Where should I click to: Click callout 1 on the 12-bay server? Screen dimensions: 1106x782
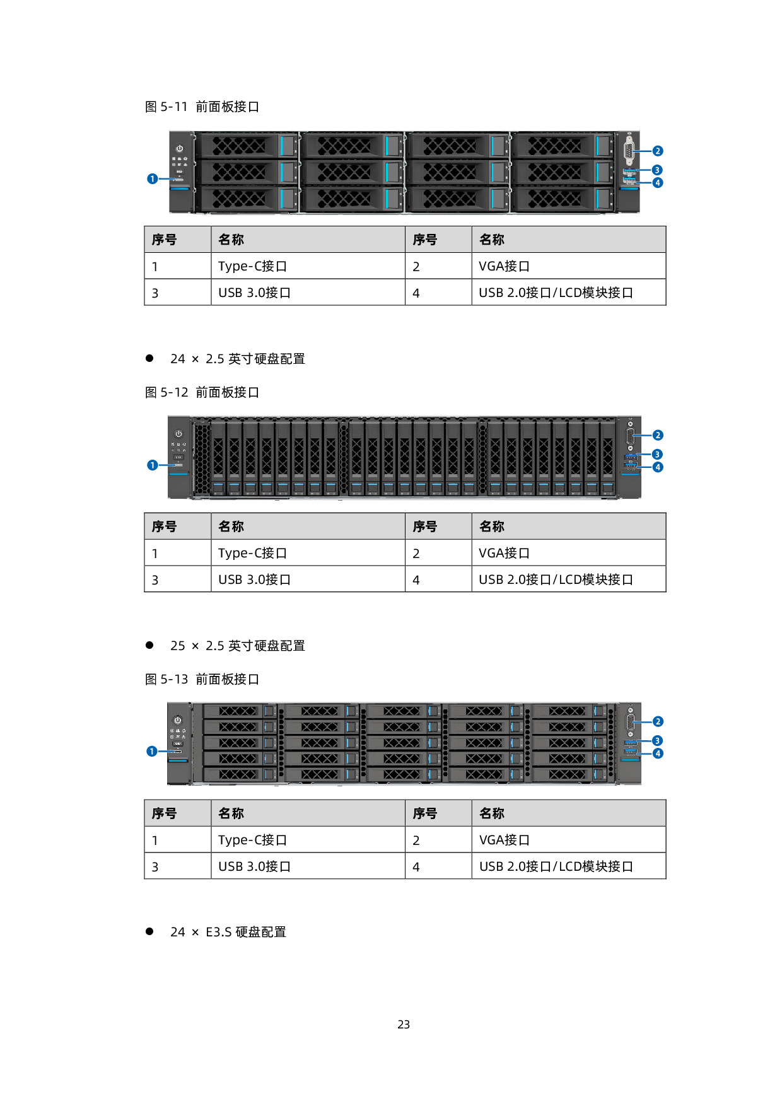(x=153, y=179)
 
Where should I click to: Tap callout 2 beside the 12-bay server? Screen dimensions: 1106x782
(x=658, y=151)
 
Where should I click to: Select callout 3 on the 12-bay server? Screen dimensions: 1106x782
(x=657, y=170)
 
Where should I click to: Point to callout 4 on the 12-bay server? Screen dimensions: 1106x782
(x=658, y=183)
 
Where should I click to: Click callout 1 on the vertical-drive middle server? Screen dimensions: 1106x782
(x=153, y=465)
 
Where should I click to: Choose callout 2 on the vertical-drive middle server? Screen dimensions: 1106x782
(x=658, y=435)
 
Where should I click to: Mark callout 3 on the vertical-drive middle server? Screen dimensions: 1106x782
(x=657, y=454)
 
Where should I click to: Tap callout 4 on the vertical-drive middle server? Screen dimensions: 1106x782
(x=658, y=467)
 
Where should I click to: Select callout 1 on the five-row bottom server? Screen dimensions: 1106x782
(x=152, y=752)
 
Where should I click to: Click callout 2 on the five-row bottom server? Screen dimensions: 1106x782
(x=658, y=721)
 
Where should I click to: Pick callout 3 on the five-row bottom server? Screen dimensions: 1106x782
(x=657, y=740)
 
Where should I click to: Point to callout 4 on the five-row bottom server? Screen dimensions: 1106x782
(x=658, y=754)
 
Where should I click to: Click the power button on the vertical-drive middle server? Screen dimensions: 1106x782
(x=178, y=434)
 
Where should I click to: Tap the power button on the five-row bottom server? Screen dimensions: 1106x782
(x=178, y=720)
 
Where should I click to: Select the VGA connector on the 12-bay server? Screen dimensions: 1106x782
(x=629, y=151)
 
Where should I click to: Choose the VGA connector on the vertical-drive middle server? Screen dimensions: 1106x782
(x=630, y=435)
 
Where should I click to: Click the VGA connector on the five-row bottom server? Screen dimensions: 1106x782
(x=630, y=721)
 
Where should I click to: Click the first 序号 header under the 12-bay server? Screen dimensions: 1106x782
(x=164, y=240)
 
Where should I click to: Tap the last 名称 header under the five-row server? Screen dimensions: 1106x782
(x=492, y=813)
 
